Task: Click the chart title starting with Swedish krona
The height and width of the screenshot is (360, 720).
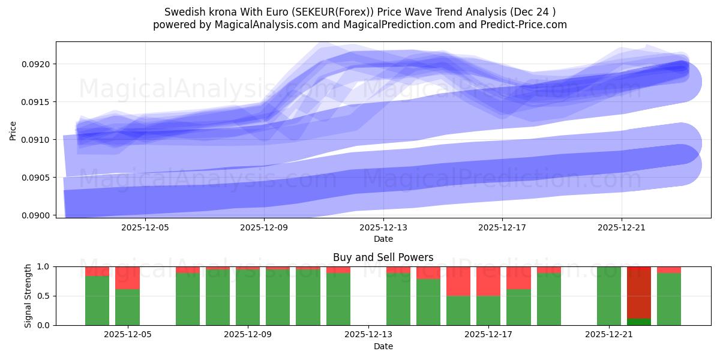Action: (x=359, y=11)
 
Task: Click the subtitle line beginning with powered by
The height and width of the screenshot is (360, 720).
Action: (x=359, y=25)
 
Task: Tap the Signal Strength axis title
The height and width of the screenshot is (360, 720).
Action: (x=28, y=295)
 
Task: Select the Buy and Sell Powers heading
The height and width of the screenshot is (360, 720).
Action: (x=383, y=257)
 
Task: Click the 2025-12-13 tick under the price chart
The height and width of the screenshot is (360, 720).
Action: (x=383, y=227)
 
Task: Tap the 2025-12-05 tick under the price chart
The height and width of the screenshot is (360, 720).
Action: (x=145, y=227)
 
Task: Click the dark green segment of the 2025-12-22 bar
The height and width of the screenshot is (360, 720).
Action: (x=639, y=322)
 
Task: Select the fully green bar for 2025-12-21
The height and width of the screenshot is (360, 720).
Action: (x=609, y=296)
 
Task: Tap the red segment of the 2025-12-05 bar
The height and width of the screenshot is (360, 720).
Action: (x=127, y=278)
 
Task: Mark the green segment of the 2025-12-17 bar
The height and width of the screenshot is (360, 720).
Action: (x=488, y=310)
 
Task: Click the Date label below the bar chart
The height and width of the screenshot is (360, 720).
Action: (x=383, y=346)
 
